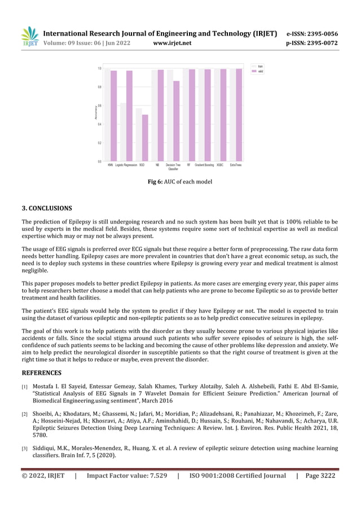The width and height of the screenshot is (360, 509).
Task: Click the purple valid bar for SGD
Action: click(145, 138)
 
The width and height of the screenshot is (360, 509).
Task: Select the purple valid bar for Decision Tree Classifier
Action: click(176, 121)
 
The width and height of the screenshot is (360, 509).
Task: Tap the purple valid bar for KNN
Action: click(113, 116)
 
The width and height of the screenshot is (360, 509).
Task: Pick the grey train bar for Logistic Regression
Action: click(123, 132)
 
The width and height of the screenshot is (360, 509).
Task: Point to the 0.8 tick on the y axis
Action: click(100, 87)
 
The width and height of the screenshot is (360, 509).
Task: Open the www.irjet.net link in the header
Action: click(172, 43)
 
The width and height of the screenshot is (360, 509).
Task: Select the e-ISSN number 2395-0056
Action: click(320, 33)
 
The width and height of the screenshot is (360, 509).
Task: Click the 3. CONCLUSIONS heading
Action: click(47, 208)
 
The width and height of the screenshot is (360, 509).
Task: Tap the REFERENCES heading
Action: click(42, 373)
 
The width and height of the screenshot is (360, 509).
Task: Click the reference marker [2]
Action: click(25, 415)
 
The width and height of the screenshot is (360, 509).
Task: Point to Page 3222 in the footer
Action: click(320, 476)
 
